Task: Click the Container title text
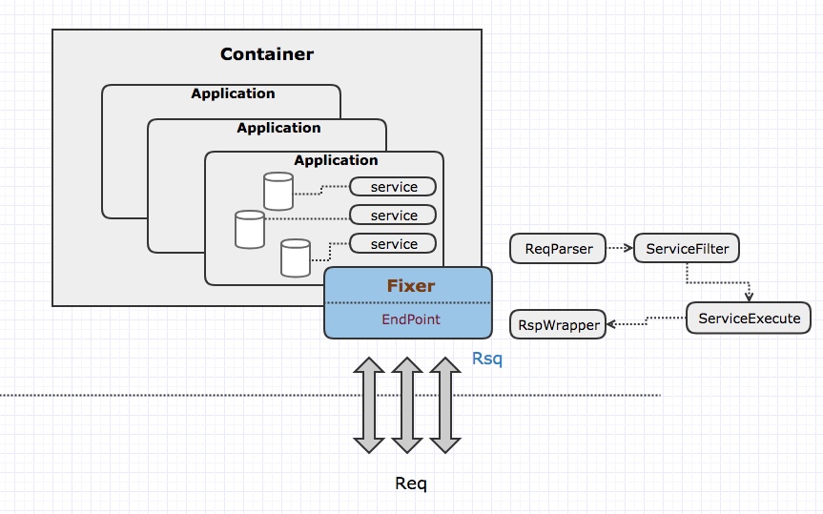266,54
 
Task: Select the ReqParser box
559,249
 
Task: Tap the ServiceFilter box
687,249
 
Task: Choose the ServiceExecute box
749,318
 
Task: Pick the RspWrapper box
559,325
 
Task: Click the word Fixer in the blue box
410,285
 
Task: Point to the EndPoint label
411,319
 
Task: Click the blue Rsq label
486,360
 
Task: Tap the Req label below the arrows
411,483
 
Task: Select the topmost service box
394,187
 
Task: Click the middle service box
394,216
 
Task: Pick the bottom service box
394,244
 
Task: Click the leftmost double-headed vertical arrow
369,405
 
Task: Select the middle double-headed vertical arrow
407,405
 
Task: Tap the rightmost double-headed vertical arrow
444,405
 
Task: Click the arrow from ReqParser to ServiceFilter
620,249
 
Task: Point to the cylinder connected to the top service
278,191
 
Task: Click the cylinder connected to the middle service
250,229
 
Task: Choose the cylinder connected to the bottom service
296,257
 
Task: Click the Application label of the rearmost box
233,93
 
